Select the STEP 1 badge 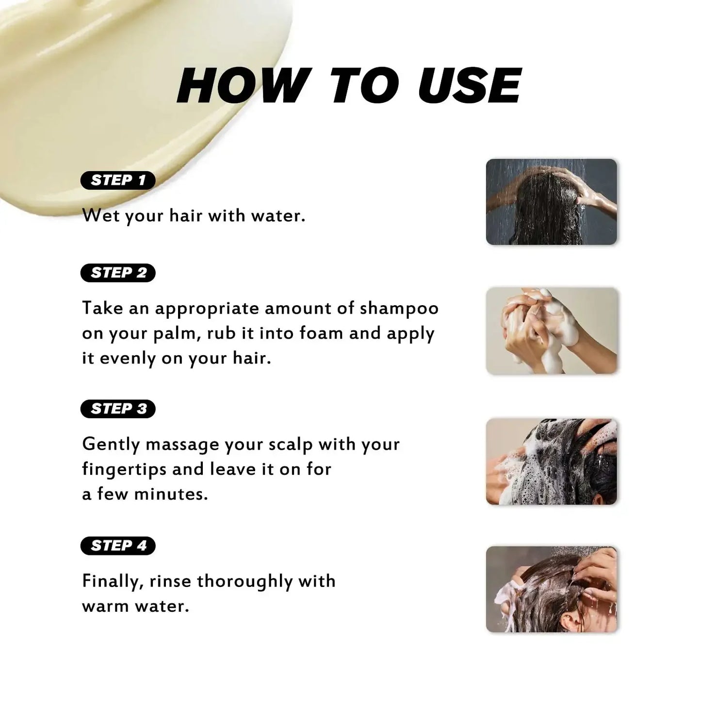point(118,180)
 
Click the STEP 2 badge point(118,273)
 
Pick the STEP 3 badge point(118,409)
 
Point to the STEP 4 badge point(118,546)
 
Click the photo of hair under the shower point(551,202)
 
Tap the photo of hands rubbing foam point(551,331)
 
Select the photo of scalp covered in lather point(551,461)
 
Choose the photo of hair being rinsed point(551,589)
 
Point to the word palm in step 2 point(177,334)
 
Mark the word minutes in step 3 point(170,494)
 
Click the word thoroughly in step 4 point(245,582)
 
